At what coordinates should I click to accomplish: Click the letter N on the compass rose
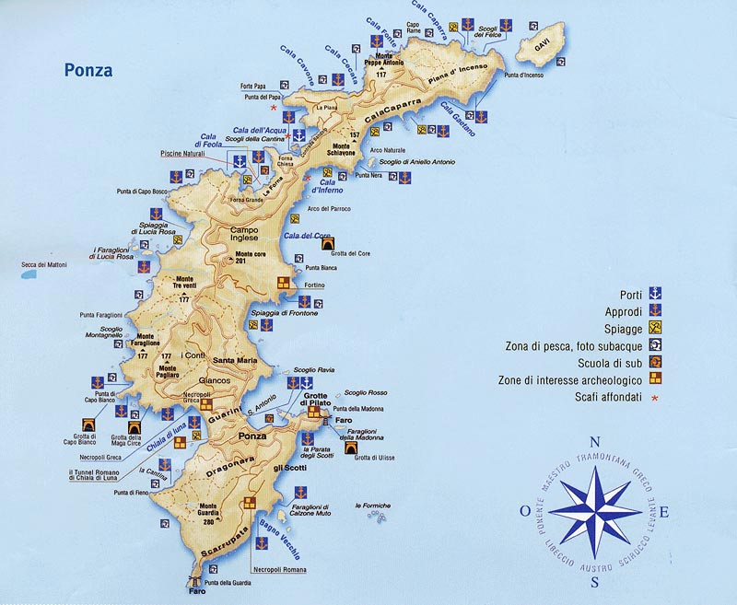tap(595, 440)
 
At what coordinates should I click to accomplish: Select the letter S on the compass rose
tap(595, 582)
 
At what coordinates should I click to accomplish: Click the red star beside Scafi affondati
tap(655, 398)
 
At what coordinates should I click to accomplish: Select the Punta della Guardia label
tap(228, 582)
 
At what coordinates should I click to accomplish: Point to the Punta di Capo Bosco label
tap(142, 192)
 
